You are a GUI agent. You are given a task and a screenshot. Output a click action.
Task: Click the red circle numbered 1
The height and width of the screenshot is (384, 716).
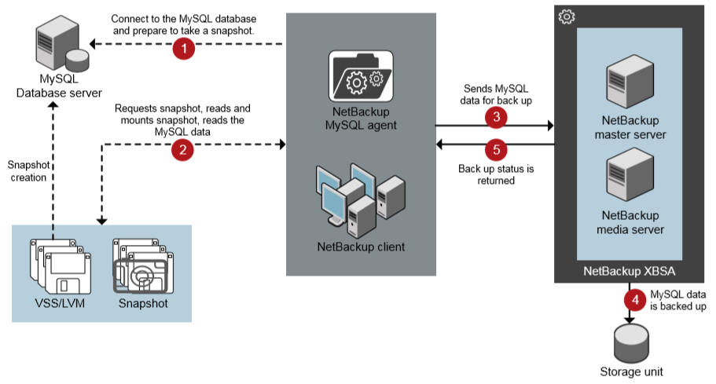point(184,49)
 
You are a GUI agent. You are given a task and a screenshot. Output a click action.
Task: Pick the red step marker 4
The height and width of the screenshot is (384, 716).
point(633,299)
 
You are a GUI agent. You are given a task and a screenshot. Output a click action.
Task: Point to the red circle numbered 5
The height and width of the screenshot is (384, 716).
point(495,149)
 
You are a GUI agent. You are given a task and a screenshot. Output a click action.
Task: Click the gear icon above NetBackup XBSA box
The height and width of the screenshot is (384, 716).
point(567,16)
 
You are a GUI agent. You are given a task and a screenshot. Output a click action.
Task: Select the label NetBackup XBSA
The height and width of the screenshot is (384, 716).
point(630,271)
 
